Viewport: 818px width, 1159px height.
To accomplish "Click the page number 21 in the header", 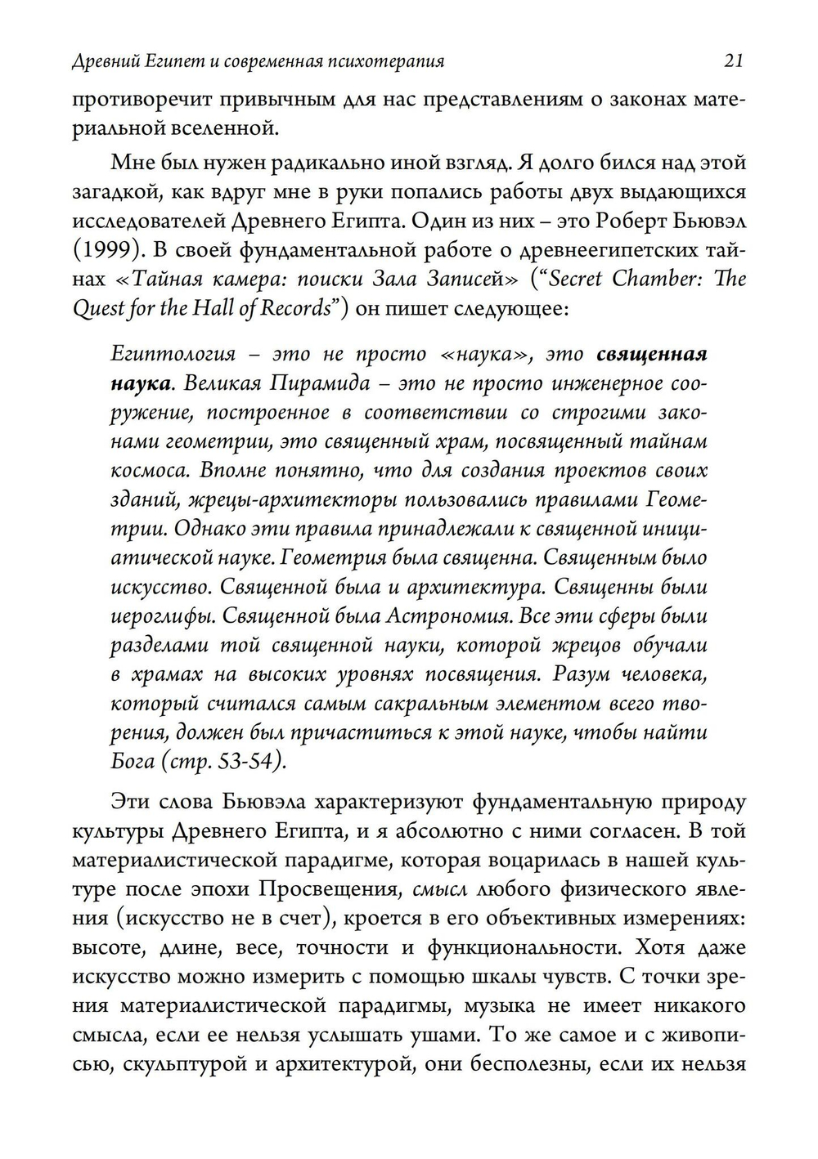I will tap(733, 61).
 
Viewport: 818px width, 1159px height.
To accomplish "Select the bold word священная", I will tap(651, 354).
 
